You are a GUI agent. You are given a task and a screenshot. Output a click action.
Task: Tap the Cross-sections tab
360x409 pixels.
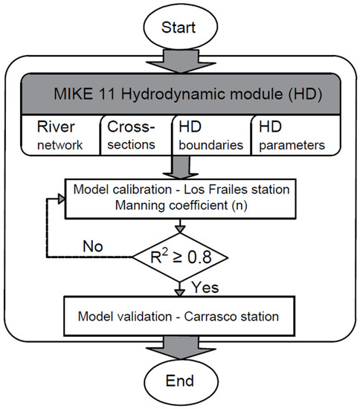[135, 133]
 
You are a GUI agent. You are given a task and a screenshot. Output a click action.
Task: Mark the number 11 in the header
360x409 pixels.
[122, 94]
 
